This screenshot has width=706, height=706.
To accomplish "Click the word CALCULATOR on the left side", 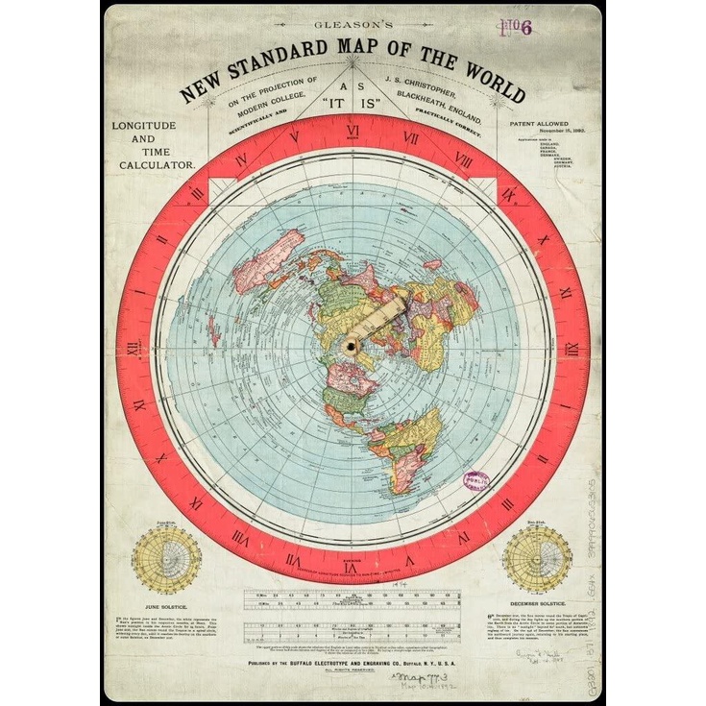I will click(x=153, y=165).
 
